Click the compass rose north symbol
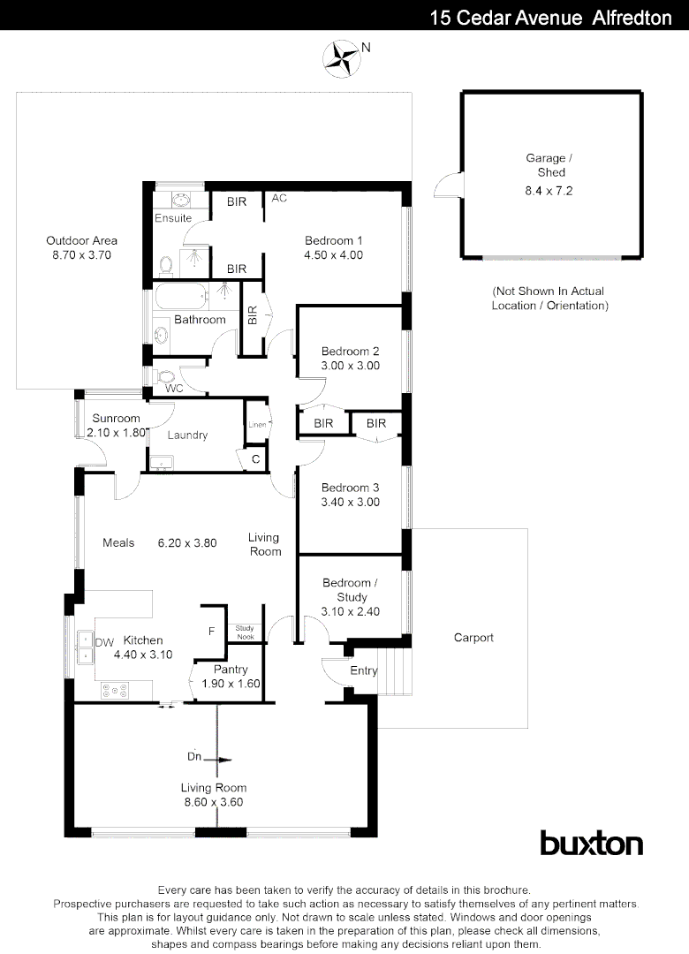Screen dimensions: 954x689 tap(343, 56)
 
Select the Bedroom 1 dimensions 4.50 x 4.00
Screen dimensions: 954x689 tap(334, 255)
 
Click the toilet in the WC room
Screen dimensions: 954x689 tap(165, 377)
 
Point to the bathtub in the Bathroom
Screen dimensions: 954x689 tap(186, 293)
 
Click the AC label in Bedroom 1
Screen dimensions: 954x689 tap(279, 199)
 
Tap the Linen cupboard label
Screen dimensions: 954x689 tap(256, 425)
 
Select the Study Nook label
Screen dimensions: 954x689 tap(244, 632)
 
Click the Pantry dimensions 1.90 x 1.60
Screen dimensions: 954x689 tap(225, 684)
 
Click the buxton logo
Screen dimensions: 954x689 tap(591, 843)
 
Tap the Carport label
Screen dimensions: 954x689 tap(473, 638)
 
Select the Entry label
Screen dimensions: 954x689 tap(363, 671)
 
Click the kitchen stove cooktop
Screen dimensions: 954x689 tap(115, 690)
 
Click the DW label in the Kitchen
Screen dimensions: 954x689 tap(102, 641)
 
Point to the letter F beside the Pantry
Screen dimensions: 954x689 tap(211, 632)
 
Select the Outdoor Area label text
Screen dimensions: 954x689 tap(81, 240)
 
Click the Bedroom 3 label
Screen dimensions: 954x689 tap(350, 488)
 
